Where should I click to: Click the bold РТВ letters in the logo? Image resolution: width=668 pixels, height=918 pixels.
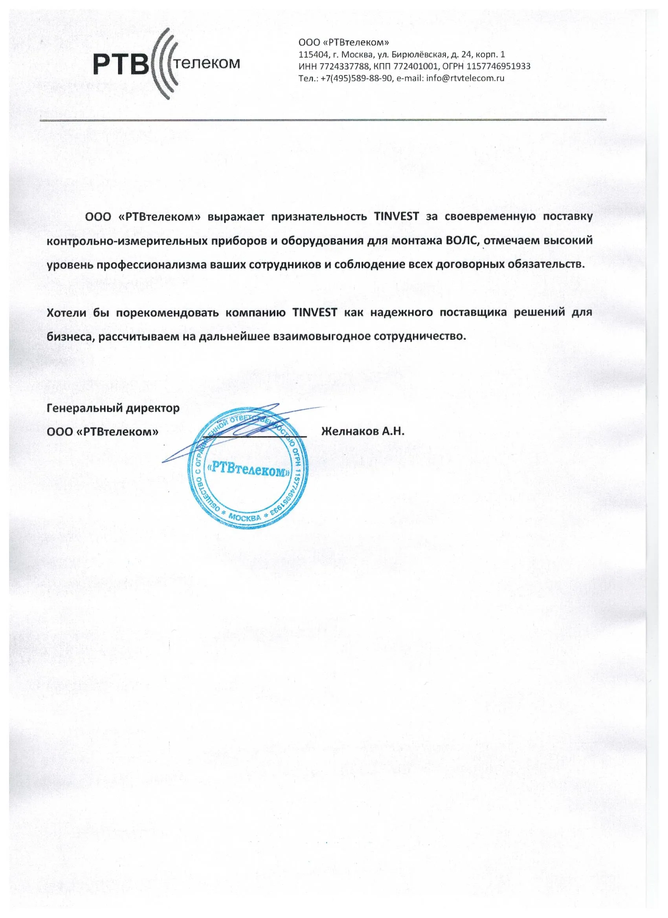tap(121, 65)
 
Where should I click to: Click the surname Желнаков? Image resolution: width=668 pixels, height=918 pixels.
tap(349, 432)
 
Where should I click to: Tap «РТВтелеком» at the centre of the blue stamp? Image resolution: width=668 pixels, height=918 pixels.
tap(248, 469)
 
